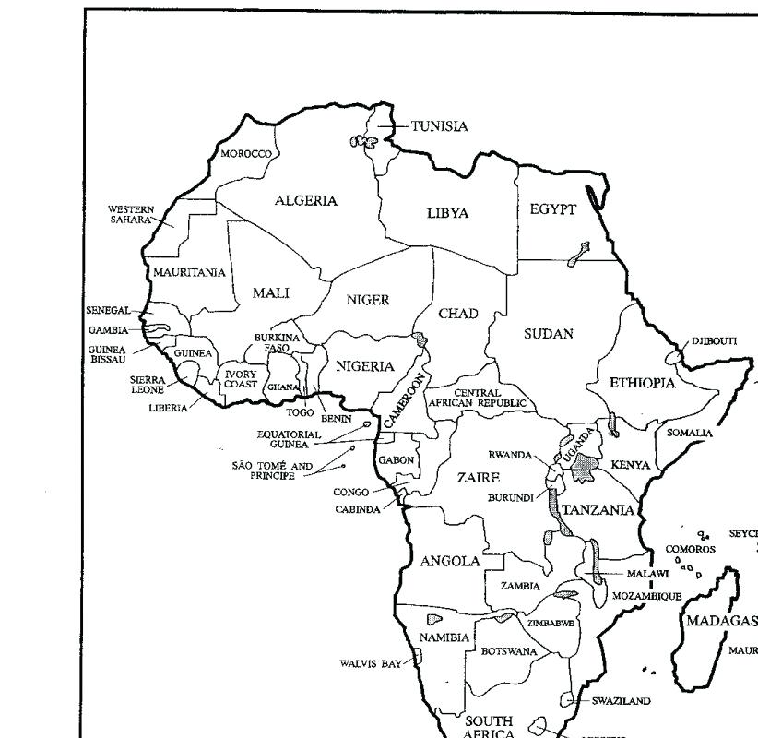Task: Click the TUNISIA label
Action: point(439,126)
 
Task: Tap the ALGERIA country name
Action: point(306,200)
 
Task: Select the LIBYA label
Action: point(447,213)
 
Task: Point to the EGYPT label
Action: point(552,209)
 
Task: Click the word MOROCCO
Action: point(245,154)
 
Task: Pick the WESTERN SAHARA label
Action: point(131,215)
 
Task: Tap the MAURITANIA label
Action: point(189,272)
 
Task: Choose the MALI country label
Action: point(271,292)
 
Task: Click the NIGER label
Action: point(368,300)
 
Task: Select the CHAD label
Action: point(457,314)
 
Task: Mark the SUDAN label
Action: point(549,334)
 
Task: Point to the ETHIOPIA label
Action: point(642,383)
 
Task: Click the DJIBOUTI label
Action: point(714,340)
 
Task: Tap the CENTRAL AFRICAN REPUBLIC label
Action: point(478,399)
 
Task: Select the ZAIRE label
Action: point(479,478)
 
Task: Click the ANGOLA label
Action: point(450,561)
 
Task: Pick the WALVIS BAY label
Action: point(371,662)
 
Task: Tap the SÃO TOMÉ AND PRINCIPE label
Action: point(272,470)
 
